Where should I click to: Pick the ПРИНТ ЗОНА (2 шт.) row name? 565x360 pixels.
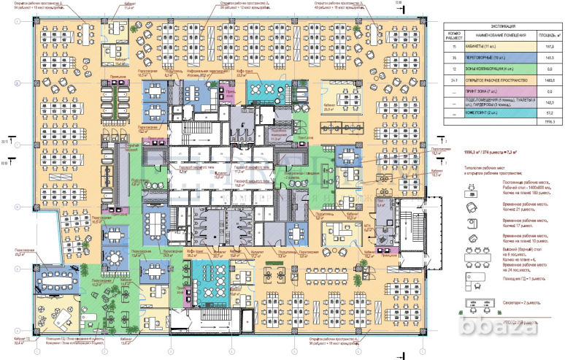(490, 91)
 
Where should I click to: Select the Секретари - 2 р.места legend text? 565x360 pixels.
(518, 302)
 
